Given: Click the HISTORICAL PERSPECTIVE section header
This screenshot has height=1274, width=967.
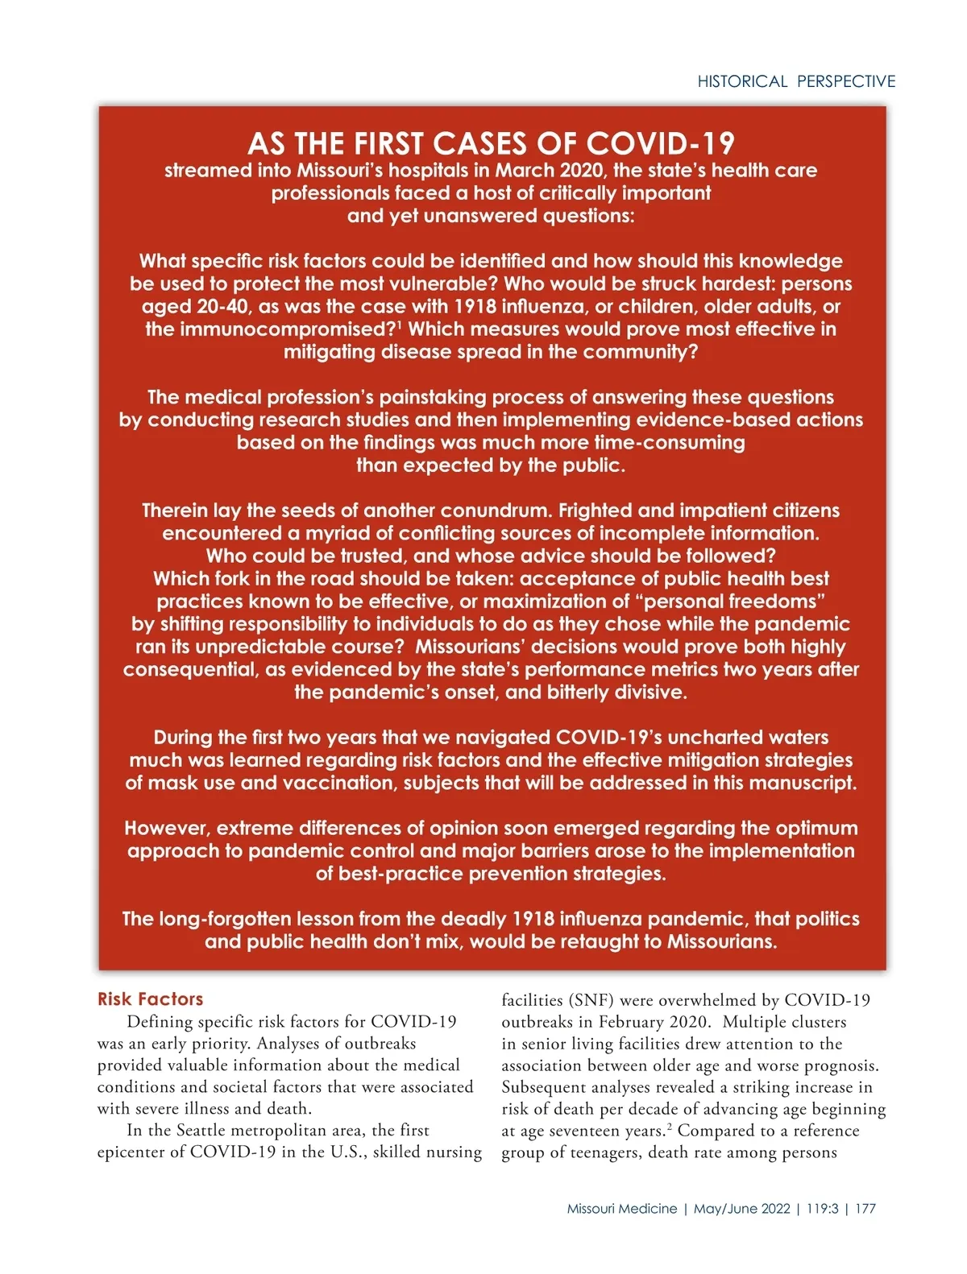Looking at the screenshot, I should pyautogui.click(x=796, y=81).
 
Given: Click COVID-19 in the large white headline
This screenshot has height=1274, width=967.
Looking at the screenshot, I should pyautogui.click(x=660, y=144).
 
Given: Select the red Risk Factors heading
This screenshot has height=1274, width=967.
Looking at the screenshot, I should pyautogui.click(x=150, y=999).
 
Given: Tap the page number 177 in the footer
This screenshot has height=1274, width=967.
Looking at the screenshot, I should pyautogui.click(x=865, y=1209).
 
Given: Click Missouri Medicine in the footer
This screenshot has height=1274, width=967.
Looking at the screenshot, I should pyautogui.click(x=622, y=1209).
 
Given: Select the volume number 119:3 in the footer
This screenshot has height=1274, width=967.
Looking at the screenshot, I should pyautogui.click(x=822, y=1209).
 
